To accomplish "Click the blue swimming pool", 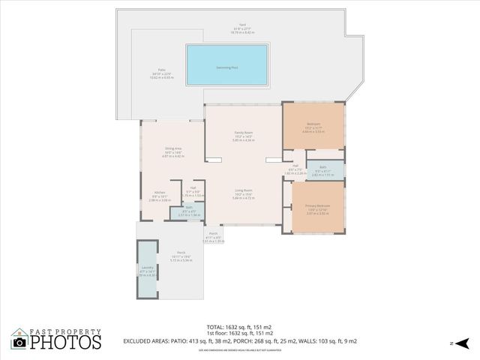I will tap(226, 65).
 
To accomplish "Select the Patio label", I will tap(162, 74).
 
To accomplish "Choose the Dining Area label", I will tap(173, 150).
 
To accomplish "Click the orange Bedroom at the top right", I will tap(313, 126).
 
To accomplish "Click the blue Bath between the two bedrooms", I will tap(322, 169).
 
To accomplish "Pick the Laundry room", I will tap(147, 268).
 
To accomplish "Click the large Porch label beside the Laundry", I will tap(181, 255).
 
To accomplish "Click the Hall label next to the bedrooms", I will tap(295, 168).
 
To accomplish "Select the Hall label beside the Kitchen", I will tap(193, 190).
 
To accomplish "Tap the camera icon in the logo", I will tap(19, 342).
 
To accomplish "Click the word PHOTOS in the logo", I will tap(64, 342).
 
